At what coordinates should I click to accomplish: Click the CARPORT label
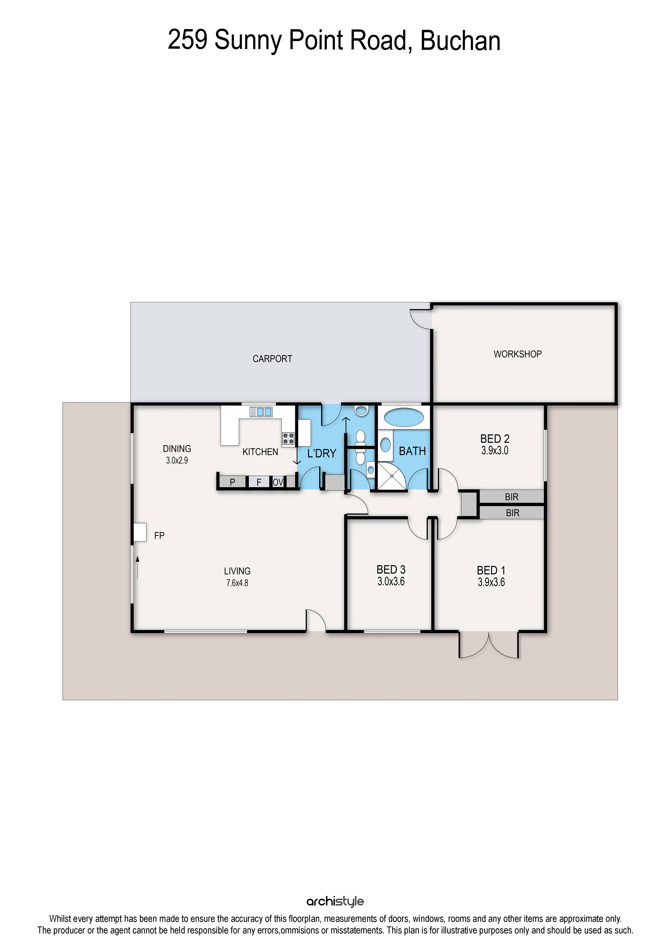point(272,359)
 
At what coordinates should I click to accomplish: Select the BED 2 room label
point(495,439)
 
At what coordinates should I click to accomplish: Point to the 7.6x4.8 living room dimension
point(237,583)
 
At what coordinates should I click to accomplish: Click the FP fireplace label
point(159,536)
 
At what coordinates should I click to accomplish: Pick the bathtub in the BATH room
point(404,417)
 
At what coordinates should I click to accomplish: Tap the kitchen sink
point(261,412)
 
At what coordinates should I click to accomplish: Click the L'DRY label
point(322,454)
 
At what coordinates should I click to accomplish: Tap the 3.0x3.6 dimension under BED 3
point(391,581)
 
